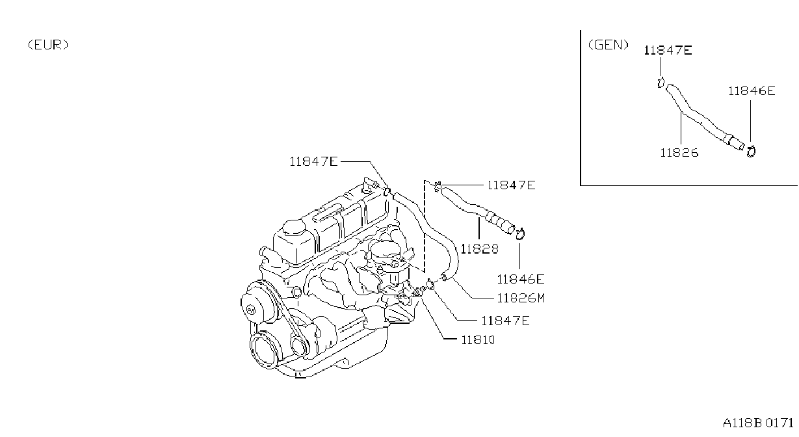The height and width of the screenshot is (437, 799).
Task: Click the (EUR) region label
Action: [x=48, y=45]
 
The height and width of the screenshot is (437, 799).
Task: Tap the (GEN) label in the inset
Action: [x=608, y=45]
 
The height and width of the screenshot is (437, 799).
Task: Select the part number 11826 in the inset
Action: [x=679, y=153]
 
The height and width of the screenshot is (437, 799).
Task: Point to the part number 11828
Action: [x=479, y=248]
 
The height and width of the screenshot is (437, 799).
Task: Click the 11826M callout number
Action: [x=521, y=298]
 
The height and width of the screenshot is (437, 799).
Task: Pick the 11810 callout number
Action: [x=478, y=340]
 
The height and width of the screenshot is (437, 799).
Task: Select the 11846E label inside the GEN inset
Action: [x=752, y=91]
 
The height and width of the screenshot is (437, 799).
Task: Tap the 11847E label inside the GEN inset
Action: [x=668, y=50]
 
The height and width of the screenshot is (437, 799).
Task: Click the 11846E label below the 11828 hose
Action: [x=521, y=279]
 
